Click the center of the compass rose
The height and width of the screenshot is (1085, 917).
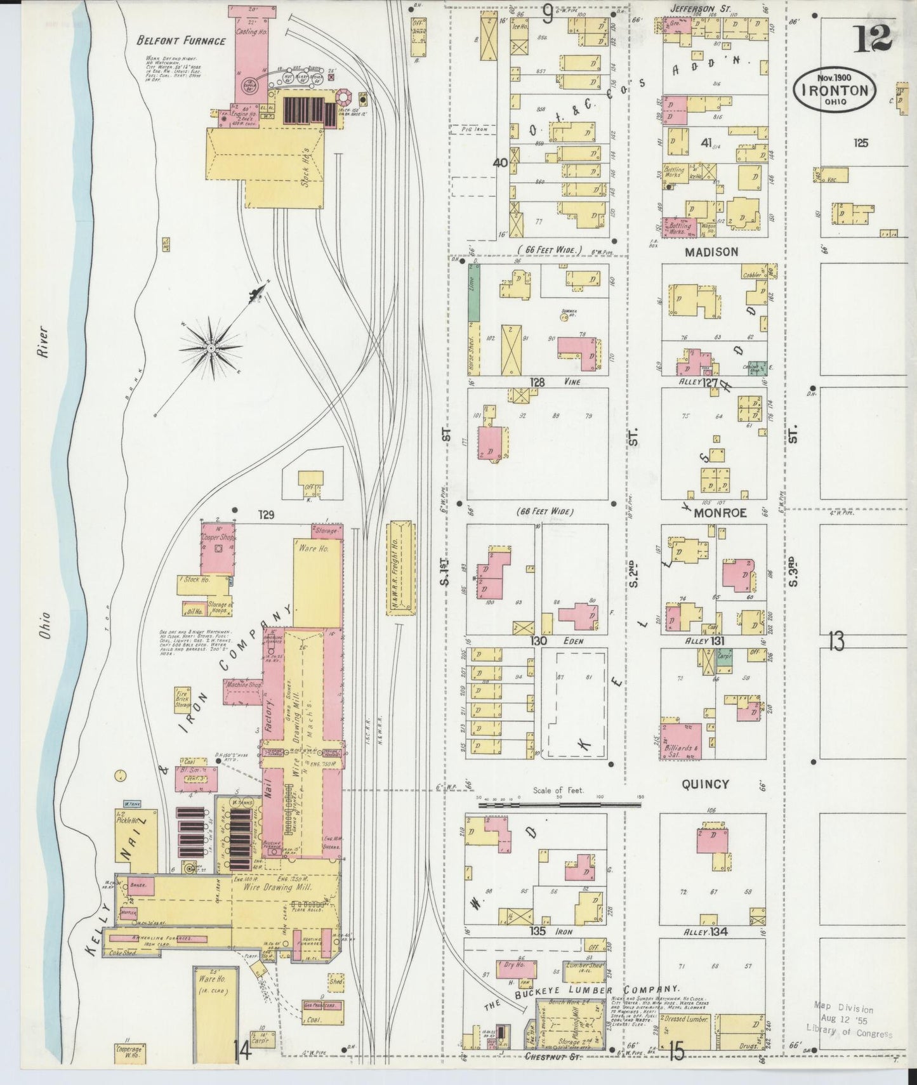[x=211, y=348]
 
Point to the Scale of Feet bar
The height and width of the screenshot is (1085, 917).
[x=558, y=804]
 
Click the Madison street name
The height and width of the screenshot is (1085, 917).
[x=711, y=252]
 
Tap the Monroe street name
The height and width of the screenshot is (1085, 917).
[x=720, y=513]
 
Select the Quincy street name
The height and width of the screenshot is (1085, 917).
[x=705, y=784]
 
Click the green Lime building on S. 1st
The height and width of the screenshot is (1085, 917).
[x=473, y=292]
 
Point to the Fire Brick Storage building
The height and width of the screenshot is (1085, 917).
[x=183, y=699]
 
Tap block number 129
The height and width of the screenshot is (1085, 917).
[x=265, y=515]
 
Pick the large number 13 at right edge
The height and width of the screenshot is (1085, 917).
[x=836, y=643]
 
